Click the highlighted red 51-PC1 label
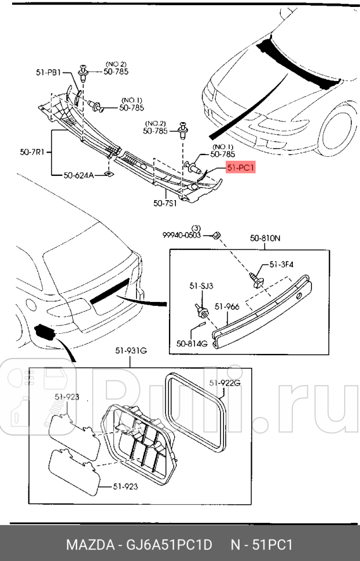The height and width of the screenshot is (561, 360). pyautogui.click(x=239, y=168)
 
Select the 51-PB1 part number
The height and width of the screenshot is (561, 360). pyautogui.click(x=48, y=73)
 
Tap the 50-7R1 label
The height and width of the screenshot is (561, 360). pyautogui.click(x=32, y=153)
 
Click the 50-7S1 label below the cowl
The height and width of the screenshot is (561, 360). pyautogui.click(x=166, y=203)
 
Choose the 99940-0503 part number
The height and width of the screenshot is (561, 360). pyautogui.click(x=182, y=235)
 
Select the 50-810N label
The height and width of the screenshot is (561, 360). pyautogui.click(x=265, y=238)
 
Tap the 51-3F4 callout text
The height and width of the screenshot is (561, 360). pyautogui.click(x=281, y=265)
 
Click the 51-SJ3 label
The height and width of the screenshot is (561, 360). pyautogui.click(x=201, y=286)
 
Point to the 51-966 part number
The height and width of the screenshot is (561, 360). pyautogui.click(x=227, y=307)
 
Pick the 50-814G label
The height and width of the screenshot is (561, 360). pyautogui.click(x=192, y=343)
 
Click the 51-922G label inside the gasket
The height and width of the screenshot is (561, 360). pyautogui.click(x=223, y=382)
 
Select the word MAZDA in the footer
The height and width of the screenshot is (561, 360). pyautogui.click(x=87, y=545)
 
